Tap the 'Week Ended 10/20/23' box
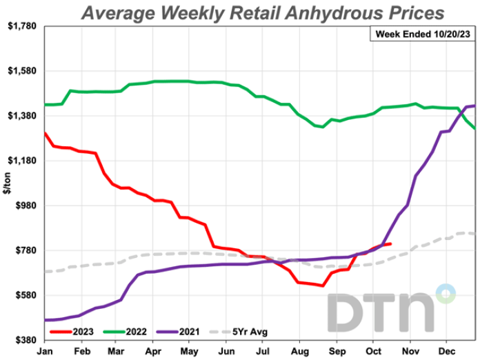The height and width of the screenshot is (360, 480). point(422,33)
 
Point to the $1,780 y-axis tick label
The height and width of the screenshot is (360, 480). point(23,26)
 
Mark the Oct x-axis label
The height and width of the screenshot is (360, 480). point(373,350)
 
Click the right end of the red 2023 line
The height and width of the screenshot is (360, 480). point(391,243)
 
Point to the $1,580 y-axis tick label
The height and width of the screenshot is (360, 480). point(23,71)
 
